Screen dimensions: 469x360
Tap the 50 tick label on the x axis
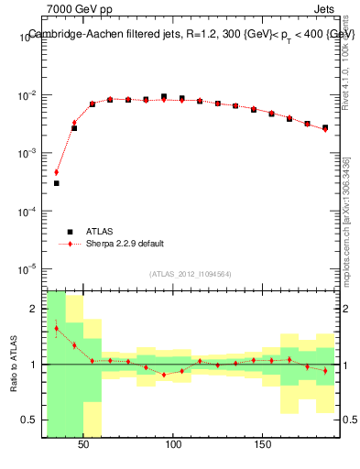tap(84, 444)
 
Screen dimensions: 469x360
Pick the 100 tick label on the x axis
tap(173, 444)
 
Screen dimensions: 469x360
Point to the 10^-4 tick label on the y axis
tap(26, 212)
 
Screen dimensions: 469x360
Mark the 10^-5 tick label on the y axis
tap(26, 269)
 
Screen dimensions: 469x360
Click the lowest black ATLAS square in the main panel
tap(56, 183)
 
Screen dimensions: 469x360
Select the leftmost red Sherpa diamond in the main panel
tap(56, 172)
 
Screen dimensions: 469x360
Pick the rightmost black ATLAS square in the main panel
tap(325, 127)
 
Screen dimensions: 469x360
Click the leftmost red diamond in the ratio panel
tap(56, 328)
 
